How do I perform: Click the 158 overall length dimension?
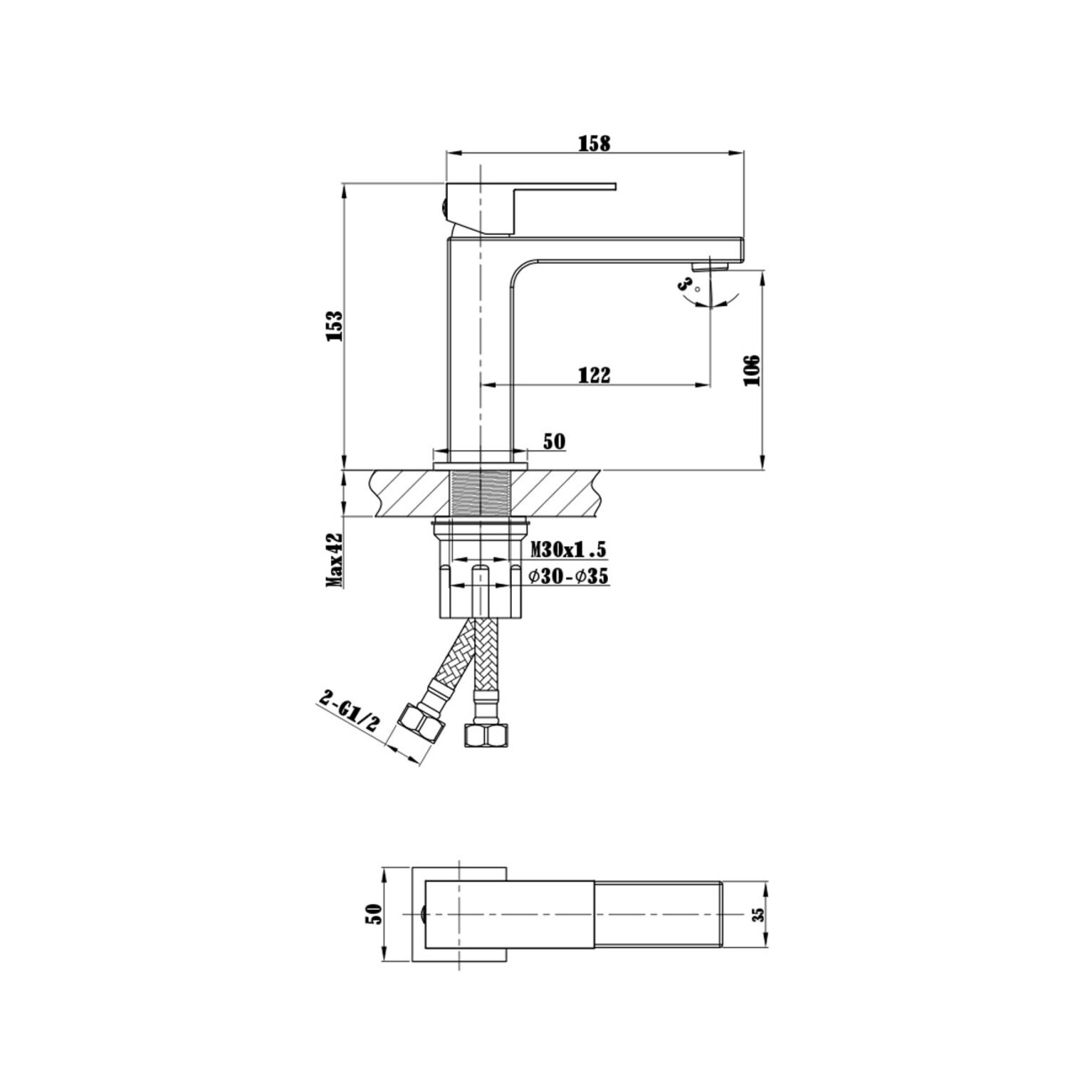click(x=594, y=143)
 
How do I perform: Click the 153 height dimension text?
click(x=335, y=325)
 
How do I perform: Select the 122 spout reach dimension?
click(x=595, y=375)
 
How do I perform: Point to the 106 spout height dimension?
click(x=751, y=370)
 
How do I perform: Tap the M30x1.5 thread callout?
click(x=568, y=549)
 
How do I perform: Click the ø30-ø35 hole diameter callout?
click(x=568, y=577)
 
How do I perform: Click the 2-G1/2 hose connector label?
click(x=350, y=713)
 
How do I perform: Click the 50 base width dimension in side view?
click(x=554, y=441)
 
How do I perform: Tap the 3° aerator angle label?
click(x=686, y=286)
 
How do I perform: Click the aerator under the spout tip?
click(x=708, y=266)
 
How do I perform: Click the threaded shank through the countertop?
click(x=481, y=491)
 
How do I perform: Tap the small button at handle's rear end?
click(x=444, y=208)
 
